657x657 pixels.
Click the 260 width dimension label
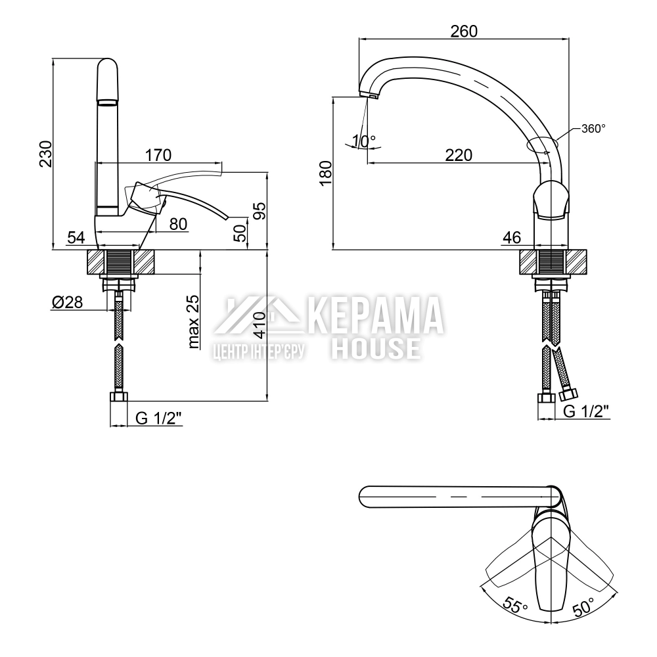coord(464,32)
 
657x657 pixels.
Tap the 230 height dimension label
coord(46,154)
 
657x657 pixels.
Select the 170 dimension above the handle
coord(158,156)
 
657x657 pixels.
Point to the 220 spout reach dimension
coord(459,156)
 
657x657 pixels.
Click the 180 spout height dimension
coord(326,173)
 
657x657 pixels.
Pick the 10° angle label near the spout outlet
coord(364,141)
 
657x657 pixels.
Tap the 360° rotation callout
coord(593,129)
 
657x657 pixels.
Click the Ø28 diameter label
coord(68,302)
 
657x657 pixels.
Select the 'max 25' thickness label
coord(193,322)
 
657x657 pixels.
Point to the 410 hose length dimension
coord(260,325)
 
